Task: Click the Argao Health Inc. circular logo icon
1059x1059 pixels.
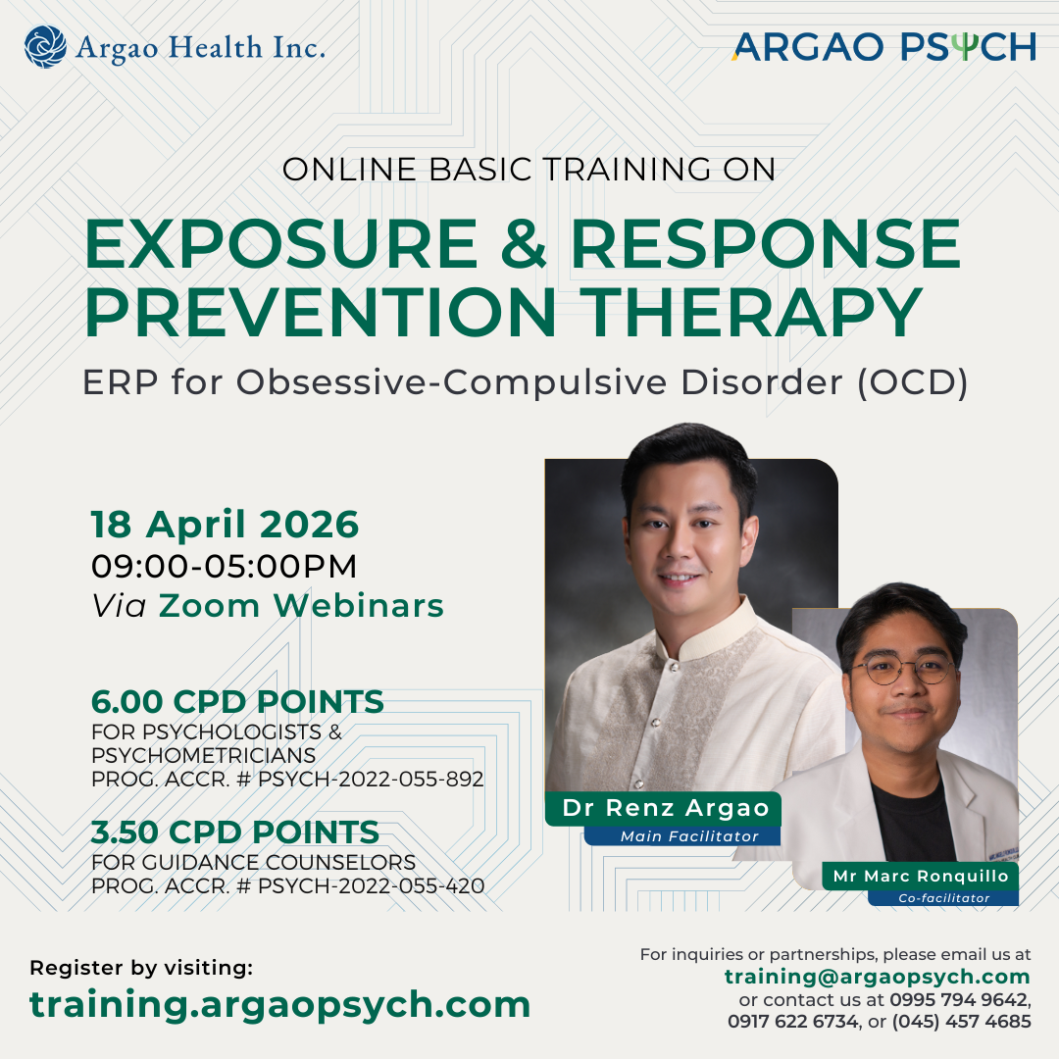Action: (45, 46)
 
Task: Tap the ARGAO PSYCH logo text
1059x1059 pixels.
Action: (882, 46)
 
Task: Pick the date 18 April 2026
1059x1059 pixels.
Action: (226, 526)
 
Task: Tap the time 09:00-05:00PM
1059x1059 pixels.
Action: (224, 567)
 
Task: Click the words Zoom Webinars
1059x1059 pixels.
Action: (301, 606)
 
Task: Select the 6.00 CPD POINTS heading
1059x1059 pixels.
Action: (237, 702)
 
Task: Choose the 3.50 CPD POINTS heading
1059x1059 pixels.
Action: (235, 832)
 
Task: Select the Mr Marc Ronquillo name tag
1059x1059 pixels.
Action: (921, 876)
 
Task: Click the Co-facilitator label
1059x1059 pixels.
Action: (943, 897)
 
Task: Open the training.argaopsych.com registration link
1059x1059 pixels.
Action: (279, 1004)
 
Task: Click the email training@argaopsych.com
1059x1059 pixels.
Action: (878, 977)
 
